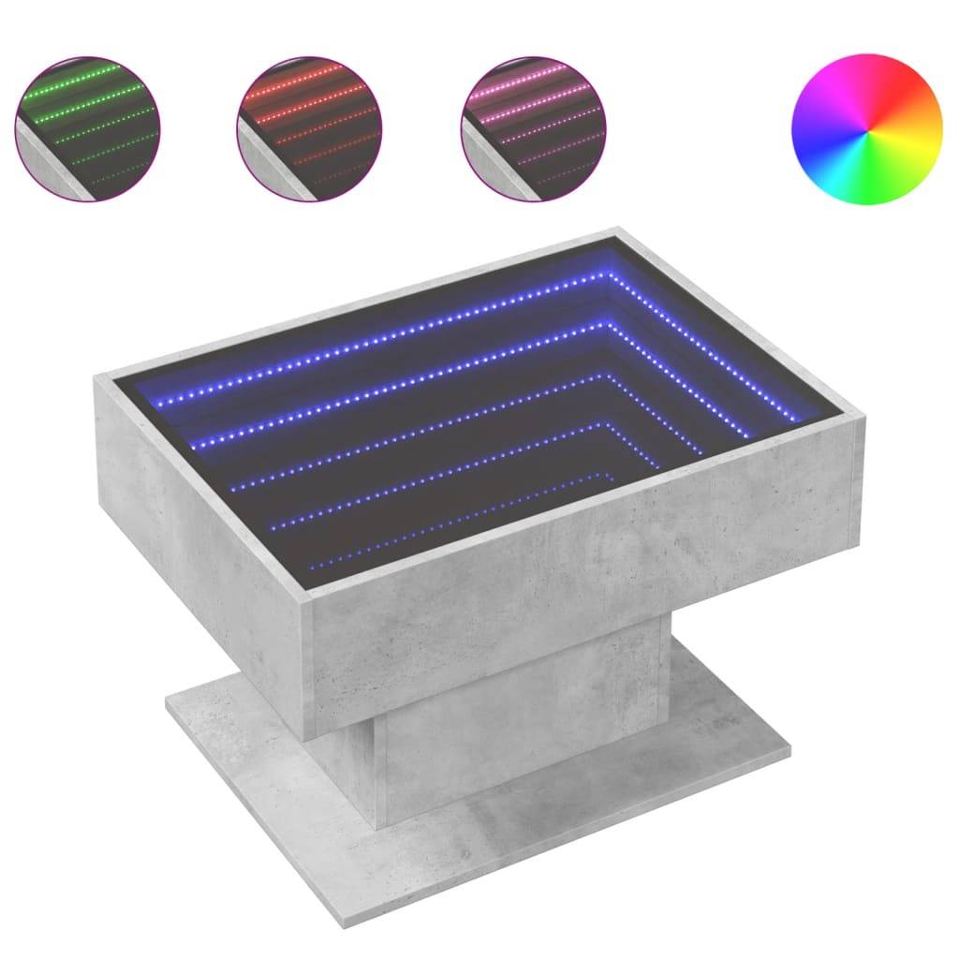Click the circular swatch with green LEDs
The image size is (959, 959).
pyautogui.click(x=87, y=126)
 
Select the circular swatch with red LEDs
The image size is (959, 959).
pyautogui.click(x=310, y=126)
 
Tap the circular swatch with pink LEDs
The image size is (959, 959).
pyautogui.click(x=534, y=126)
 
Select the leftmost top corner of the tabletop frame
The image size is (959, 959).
pyautogui.click(x=95, y=375)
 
